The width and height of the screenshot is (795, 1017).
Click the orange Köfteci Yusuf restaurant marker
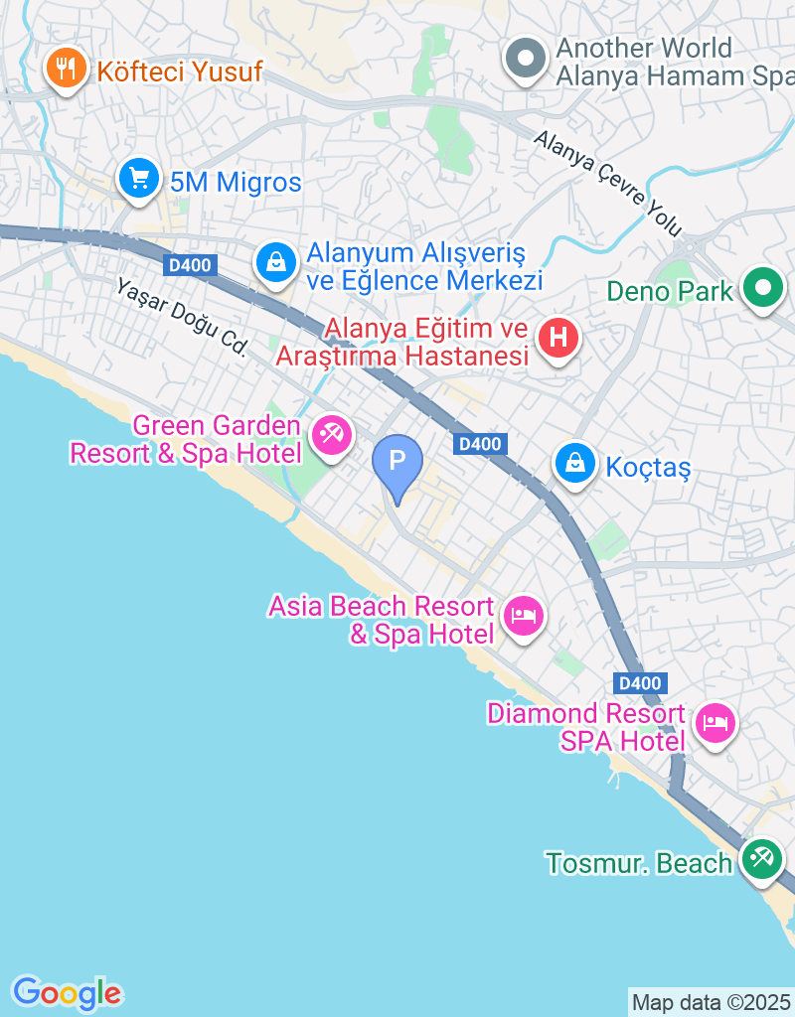[x=67, y=70]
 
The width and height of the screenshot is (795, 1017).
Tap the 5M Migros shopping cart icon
[x=139, y=180]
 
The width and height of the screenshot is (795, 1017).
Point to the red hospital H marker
[x=557, y=338]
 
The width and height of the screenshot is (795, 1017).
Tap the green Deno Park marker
[x=763, y=290]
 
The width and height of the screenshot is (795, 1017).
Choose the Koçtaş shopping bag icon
[x=574, y=463]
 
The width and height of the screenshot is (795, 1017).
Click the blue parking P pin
[x=397, y=462]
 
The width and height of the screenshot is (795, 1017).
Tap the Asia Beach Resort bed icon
[x=523, y=616]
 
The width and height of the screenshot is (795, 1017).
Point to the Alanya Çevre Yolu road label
[x=608, y=184]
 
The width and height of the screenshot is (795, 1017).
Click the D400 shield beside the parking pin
[x=479, y=444]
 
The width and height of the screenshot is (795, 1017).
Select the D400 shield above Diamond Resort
[x=640, y=683]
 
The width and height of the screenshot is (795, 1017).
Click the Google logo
[x=67, y=992]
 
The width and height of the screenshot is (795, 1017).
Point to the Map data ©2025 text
[x=711, y=1002]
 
